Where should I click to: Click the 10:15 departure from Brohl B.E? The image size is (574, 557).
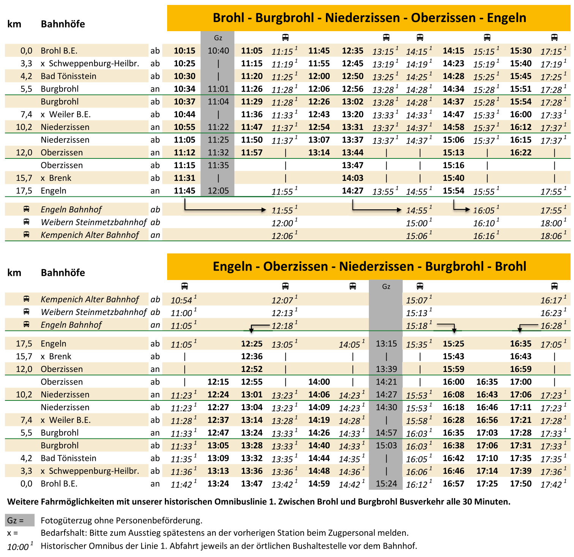pyautogui.click(x=184, y=51)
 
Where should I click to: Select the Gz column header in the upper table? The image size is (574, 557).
pyautogui.click(x=218, y=38)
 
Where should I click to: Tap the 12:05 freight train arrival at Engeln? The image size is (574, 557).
pyautogui.click(x=218, y=190)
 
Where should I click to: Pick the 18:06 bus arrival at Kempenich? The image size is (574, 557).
pyautogui.click(x=551, y=236)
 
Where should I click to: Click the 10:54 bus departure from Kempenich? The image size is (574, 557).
pyautogui.click(x=182, y=300)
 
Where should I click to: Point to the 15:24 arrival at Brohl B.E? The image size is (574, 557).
pyautogui.click(x=386, y=484)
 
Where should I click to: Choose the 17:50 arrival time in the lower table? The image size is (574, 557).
pyautogui.click(x=520, y=484)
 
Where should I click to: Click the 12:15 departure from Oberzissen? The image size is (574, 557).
pyautogui.click(x=218, y=382)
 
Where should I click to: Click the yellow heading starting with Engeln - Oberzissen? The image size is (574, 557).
pyautogui.click(x=369, y=266)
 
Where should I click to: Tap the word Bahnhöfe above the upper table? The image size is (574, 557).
pyautogui.click(x=63, y=24)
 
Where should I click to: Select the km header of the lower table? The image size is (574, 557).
pyautogui.click(x=14, y=272)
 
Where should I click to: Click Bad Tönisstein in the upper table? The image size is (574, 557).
pyautogui.click(x=68, y=76)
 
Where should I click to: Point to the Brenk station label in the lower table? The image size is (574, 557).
pyautogui.click(x=60, y=356)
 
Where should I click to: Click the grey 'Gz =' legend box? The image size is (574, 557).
pyautogui.click(x=19, y=520)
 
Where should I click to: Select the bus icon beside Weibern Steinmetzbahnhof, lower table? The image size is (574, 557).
pyautogui.click(x=26, y=312)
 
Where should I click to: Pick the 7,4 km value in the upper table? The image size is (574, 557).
pyautogui.click(x=26, y=114)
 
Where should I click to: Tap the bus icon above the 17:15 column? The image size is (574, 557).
pyautogui.click(x=554, y=37)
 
